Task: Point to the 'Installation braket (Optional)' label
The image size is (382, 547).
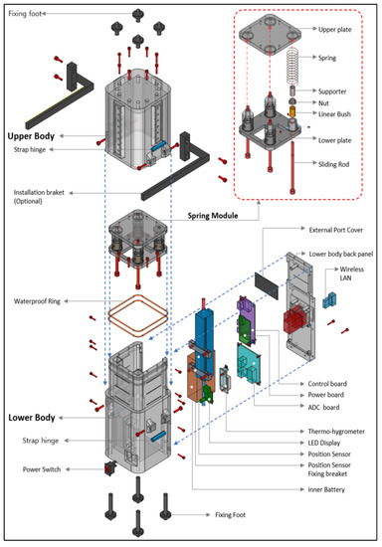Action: tap(43, 197)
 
